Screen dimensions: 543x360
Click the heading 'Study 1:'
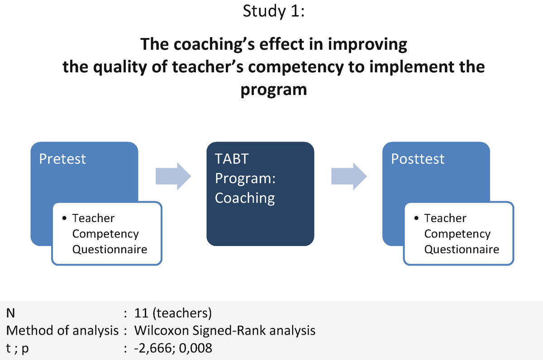click(x=273, y=11)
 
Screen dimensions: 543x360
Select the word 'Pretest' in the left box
click(x=62, y=159)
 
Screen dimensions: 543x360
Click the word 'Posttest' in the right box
click(x=418, y=159)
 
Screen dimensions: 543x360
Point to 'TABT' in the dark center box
click(x=232, y=159)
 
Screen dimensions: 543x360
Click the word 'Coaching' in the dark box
click(x=245, y=198)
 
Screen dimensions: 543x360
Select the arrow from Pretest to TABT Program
click(x=173, y=176)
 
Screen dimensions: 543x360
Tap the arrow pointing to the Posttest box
click(x=349, y=176)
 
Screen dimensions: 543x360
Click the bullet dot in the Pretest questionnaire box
click(x=64, y=218)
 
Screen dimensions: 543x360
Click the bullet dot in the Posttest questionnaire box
click(x=416, y=218)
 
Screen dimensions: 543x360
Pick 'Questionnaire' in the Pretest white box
click(x=110, y=250)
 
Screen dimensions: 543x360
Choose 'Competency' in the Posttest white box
click(x=457, y=234)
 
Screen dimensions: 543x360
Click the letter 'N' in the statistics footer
click(x=10, y=313)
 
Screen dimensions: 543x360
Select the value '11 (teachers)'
click(x=173, y=313)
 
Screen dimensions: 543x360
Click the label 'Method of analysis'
click(x=62, y=331)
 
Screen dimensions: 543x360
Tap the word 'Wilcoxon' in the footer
click(x=162, y=331)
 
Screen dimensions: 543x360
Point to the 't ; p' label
click(x=17, y=349)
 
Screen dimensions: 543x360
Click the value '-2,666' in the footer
click(x=153, y=348)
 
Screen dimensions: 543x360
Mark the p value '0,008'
click(x=195, y=348)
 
